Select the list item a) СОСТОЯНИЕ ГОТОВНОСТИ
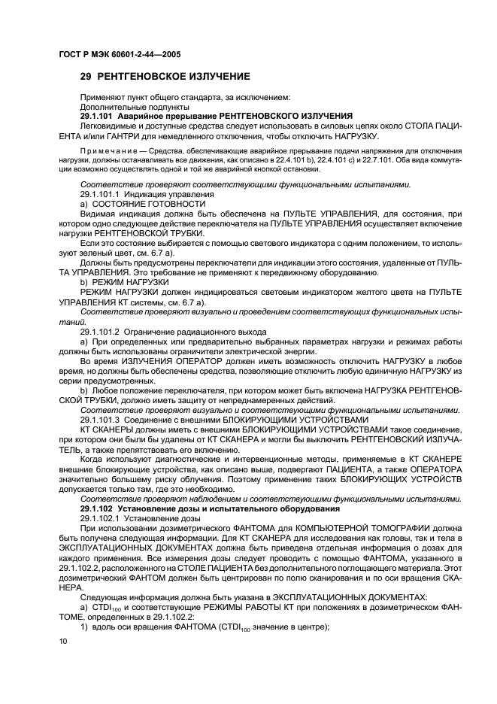(142, 204)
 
